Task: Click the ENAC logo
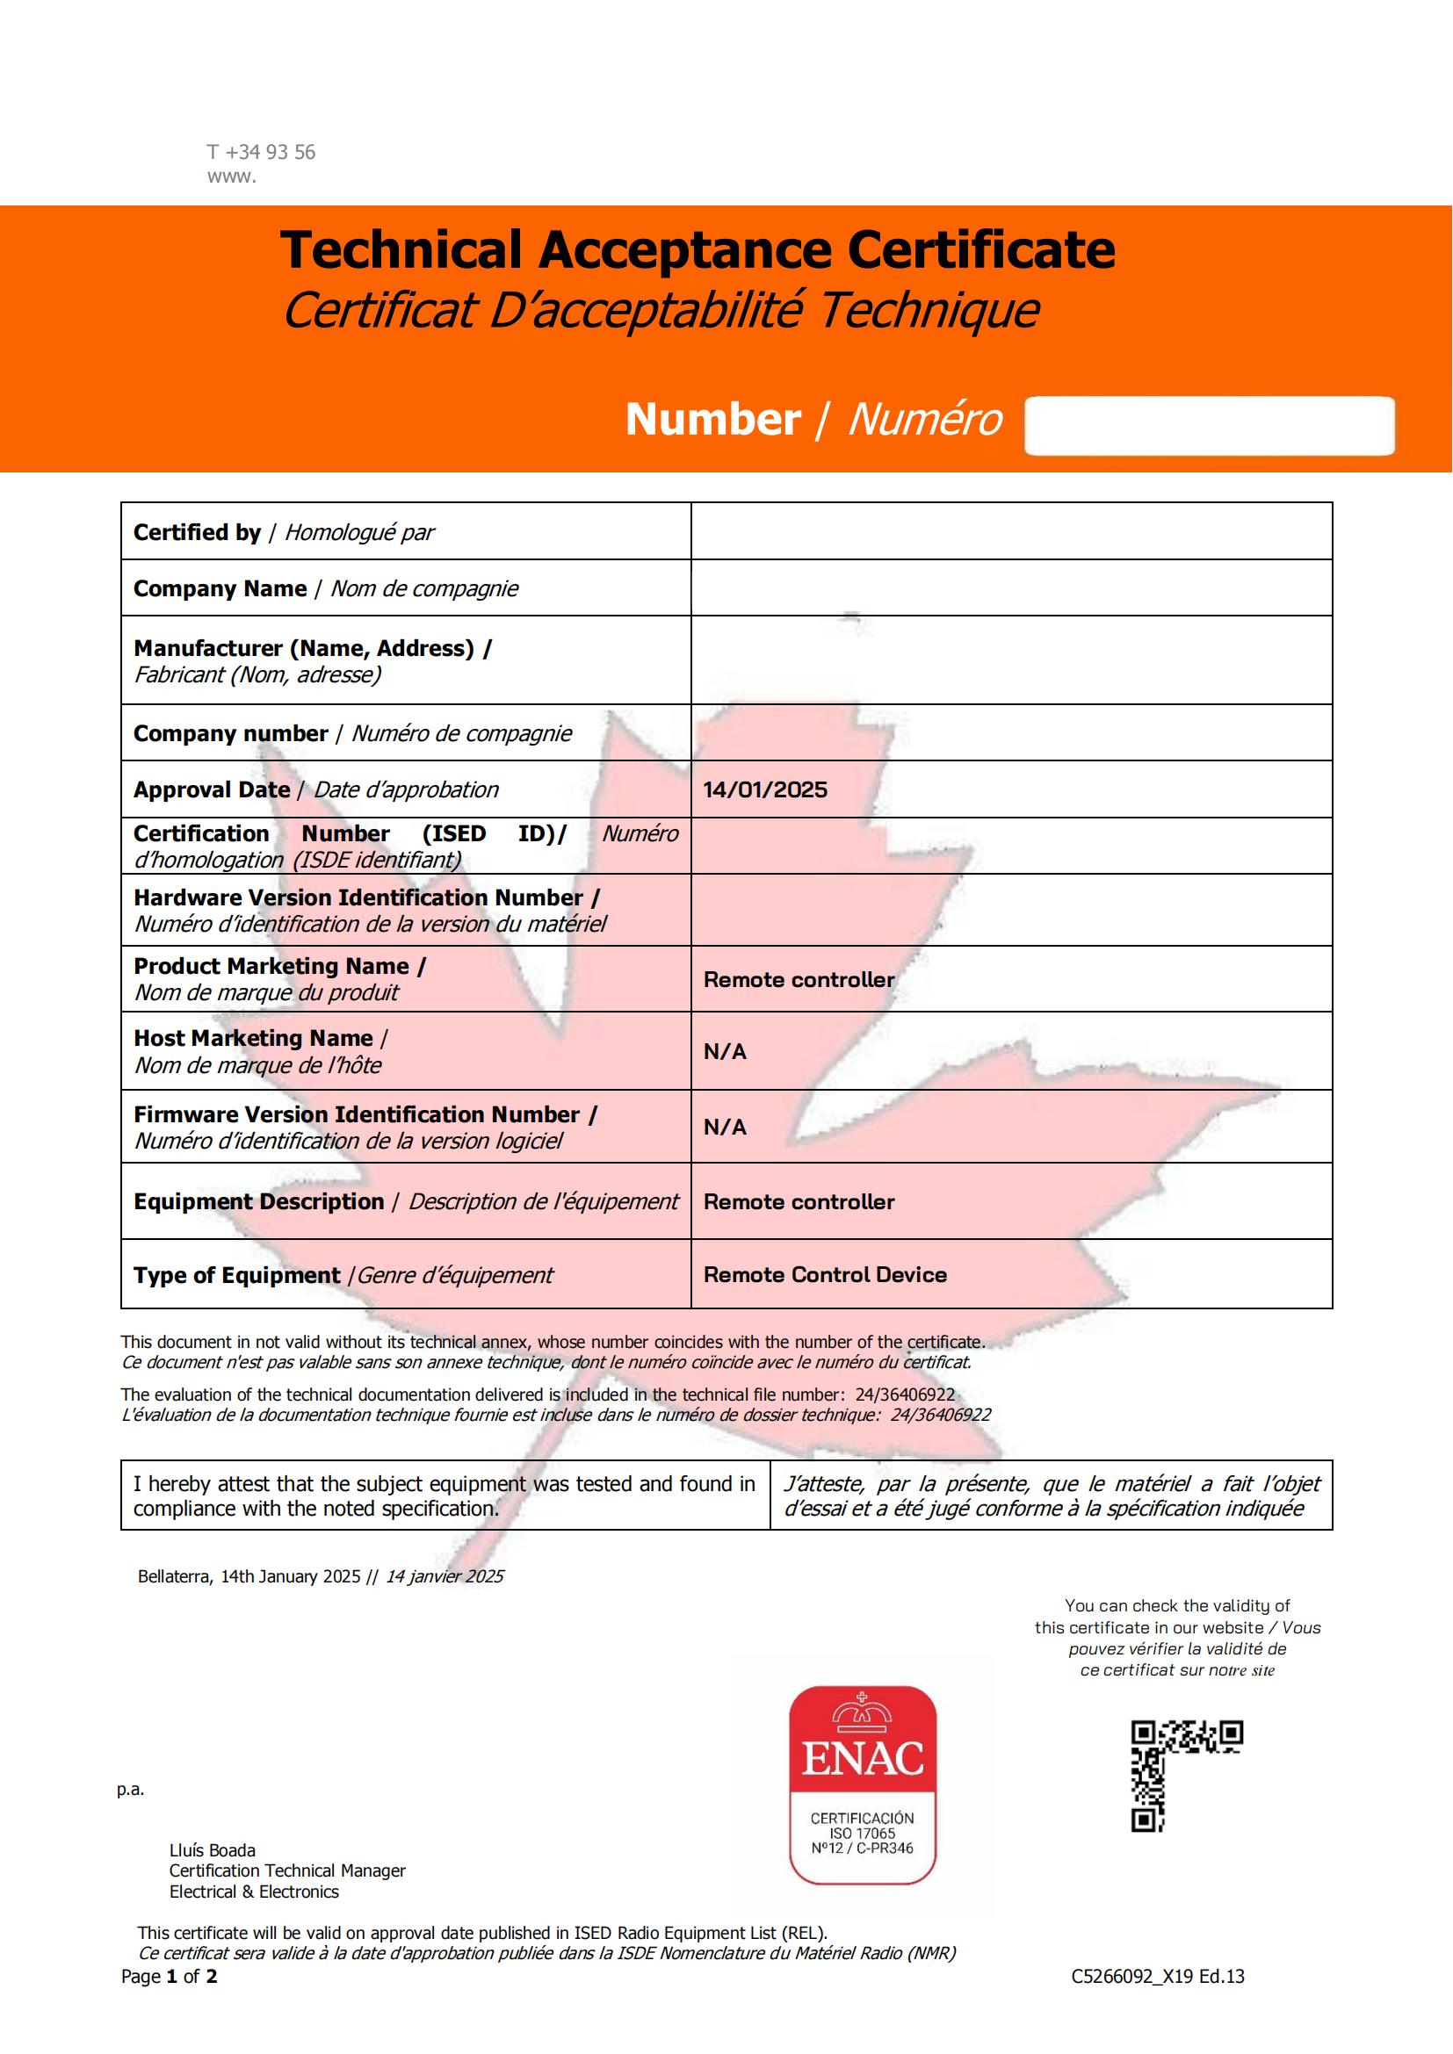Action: click(x=863, y=1784)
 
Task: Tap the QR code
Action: click(x=1185, y=1774)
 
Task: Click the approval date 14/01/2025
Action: click(x=765, y=790)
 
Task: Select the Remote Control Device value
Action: click(x=825, y=1275)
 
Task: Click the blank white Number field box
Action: click(x=1209, y=426)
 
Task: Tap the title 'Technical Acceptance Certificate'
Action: click(x=697, y=249)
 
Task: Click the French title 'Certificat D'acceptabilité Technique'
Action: click(x=661, y=309)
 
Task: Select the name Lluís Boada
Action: click(x=212, y=1850)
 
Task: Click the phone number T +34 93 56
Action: click(x=261, y=152)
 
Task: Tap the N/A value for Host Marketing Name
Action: click(x=725, y=1051)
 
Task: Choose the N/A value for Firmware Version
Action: click(x=725, y=1127)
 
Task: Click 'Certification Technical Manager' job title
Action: click(x=287, y=1870)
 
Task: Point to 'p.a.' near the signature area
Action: click(x=131, y=1790)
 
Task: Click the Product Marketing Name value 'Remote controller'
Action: click(x=799, y=980)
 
